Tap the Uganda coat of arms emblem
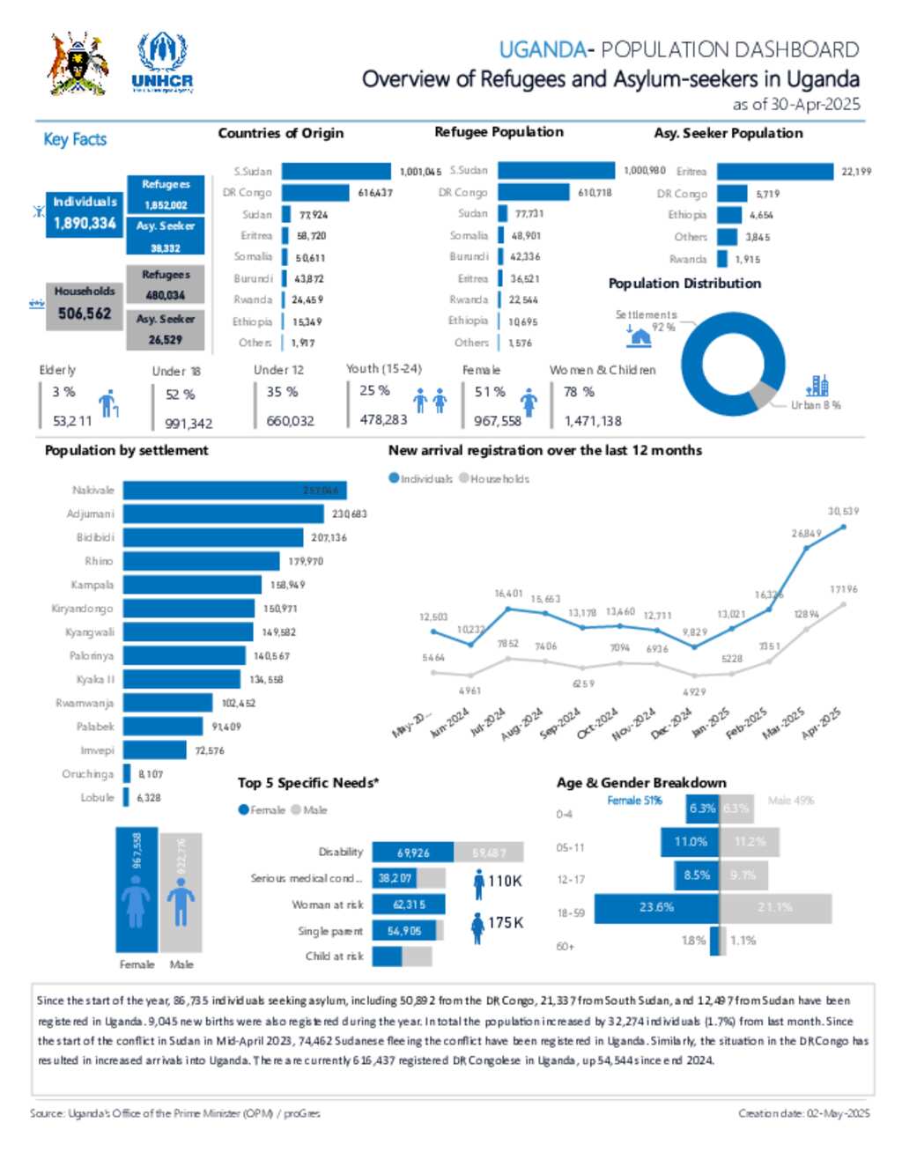[78, 63]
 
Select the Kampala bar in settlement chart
[192, 585]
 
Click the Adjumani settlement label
[90, 513]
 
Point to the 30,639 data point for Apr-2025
[844, 527]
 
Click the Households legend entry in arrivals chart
[494, 479]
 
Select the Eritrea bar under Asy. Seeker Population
[774, 172]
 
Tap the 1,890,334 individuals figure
[85, 224]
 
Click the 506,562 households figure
[85, 314]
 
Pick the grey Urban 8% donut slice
[762, 395]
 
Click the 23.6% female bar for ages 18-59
[656, 907]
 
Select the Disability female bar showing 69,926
[413, 853]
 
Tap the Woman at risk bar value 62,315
[409, 905]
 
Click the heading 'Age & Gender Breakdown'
[641, 782]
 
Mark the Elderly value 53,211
[71, 421]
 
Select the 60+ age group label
[565, 947]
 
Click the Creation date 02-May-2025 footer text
[803, 1113]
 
